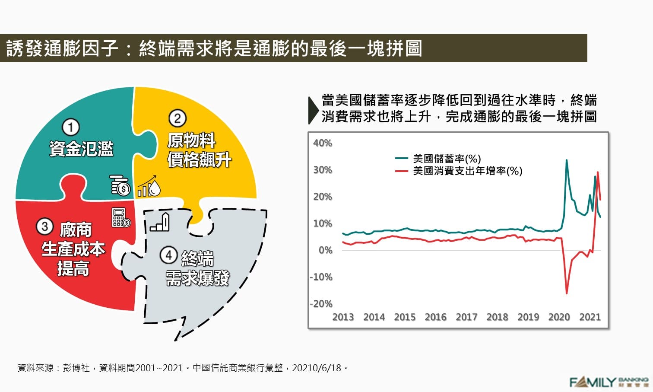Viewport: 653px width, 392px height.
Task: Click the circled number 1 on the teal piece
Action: [x=71, y=127]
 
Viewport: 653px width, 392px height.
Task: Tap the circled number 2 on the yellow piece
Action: [x=177, y=118]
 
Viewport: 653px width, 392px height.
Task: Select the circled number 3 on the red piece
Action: [x=44, y=226]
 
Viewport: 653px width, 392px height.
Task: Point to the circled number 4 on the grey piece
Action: [x=169, y=255]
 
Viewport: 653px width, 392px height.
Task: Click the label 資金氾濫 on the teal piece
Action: [x=81, y=149]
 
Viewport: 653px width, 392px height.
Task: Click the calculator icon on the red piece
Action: [x=120, y=217]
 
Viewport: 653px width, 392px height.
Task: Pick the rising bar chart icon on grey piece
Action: [x=160, y=222]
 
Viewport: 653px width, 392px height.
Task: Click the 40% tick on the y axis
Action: [x=323, y=143]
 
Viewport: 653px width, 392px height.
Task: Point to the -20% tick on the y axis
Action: [x=321, y=304]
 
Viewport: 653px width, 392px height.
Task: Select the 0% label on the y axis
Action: [x=325, y=250]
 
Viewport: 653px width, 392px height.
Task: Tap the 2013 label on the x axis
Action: [x=343, y=317]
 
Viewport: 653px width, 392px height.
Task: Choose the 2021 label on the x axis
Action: [x=590, y=317]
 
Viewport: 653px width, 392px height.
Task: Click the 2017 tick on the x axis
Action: [x=466, y=317]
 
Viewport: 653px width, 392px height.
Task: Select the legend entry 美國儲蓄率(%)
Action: [x=447, y=159]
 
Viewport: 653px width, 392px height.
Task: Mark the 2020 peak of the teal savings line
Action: [x=567, y=160]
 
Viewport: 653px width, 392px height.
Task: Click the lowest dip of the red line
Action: [x=567, y=293]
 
